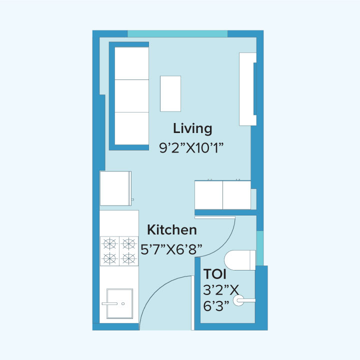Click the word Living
tap(192, 128)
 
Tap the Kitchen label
tap(171, 230)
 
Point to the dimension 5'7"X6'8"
tap(174, 248)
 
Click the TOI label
tap(215, 274)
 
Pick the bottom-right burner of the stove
tap(129, 258)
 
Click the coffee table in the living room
tap(170, 93)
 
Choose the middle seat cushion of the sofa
tap(132, 96)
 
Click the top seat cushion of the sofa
tap(132, 63)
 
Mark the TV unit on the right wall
tap(247, 89)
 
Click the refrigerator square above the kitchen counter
tap(115, 188)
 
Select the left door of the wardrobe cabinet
tap(208, 195)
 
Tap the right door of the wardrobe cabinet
tap(236, 195)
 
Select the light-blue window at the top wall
tap(177, 33)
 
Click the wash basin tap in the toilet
tap(245, 300)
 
